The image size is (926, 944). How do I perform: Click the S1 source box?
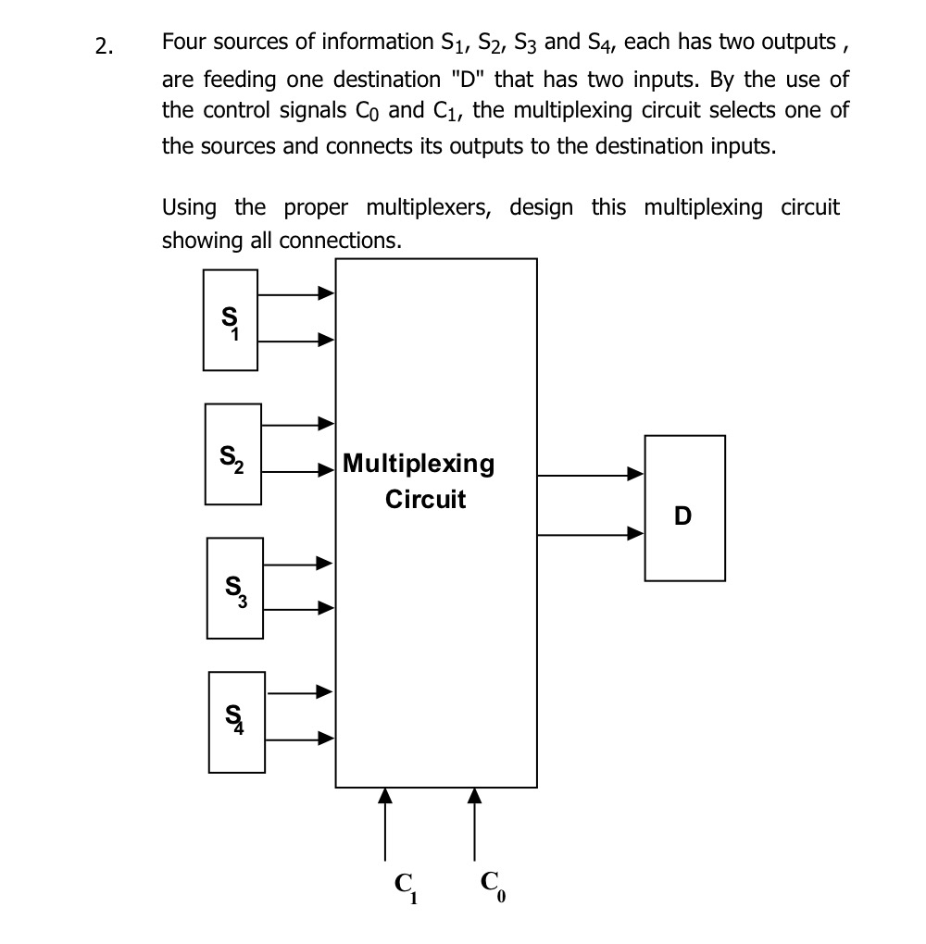231,319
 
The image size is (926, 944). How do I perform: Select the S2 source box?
232,453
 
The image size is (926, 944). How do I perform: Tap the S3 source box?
234,589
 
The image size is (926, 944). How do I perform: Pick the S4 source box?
237,722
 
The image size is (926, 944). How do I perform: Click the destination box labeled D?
684,508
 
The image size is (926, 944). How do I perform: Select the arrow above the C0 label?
474,824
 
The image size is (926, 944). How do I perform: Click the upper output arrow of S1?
296,294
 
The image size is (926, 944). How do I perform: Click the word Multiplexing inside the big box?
419,464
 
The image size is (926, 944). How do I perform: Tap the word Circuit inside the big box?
425,501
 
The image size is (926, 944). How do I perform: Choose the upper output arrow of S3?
298,563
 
